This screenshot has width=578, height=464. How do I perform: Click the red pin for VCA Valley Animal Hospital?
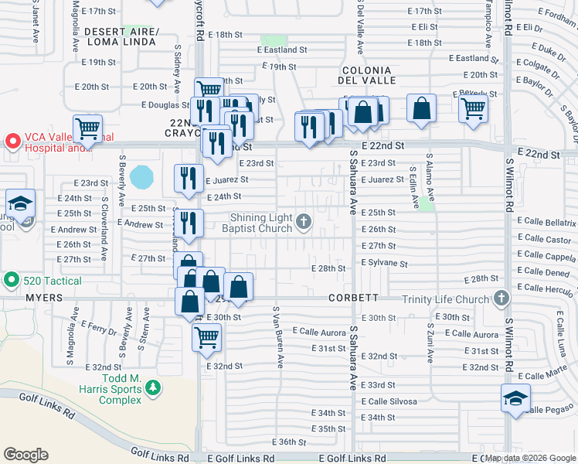[x=12, y=142]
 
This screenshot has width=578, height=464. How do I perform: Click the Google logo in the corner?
[x=25, y=455]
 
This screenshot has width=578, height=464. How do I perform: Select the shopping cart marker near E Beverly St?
[x=473, y=109]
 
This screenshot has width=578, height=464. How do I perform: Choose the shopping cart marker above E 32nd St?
[x=207, y=336]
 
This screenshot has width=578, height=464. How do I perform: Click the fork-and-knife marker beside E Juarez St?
[x=189, y=179]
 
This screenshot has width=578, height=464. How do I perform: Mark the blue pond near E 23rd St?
[x=142, y=177]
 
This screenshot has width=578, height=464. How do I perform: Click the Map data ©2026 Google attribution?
[x=529, y=458]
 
